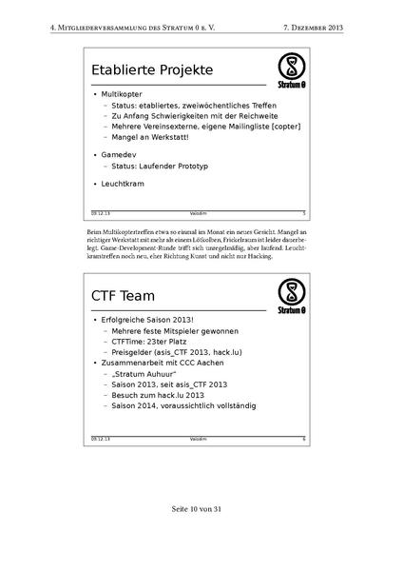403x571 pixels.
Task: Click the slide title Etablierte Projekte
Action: (x=152, y=71)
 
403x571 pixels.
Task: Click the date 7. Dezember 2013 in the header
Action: (x=313, y=29)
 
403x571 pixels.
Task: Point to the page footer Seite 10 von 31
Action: (x=201, y=536)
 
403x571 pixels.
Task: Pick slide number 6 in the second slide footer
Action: (x=303, y=438)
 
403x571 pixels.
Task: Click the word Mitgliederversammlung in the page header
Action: (x=114, y=29)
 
